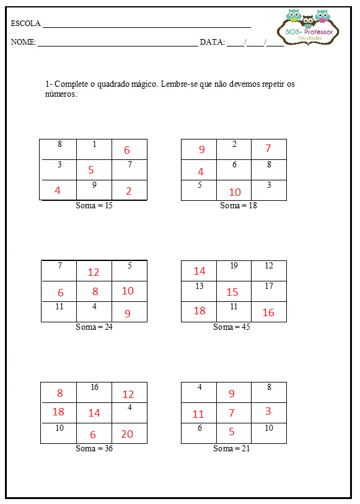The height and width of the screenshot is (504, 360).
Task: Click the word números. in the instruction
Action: click(61, 94)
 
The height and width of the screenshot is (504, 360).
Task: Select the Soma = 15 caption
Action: click(94, 205)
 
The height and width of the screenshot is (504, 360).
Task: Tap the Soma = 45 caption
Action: click(232, 327)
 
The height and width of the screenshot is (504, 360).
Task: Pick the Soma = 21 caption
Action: click(232, 448)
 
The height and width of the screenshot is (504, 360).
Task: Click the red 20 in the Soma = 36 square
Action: click(127, 434)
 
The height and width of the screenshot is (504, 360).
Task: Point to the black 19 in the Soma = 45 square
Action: click(234, 265)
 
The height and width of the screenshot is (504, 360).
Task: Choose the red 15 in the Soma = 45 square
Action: click(232, 292)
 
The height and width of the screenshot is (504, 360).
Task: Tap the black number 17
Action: click(268, 286)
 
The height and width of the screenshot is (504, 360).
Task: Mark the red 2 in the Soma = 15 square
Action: click(129, 191)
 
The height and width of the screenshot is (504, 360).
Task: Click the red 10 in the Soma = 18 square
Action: click(235, 192)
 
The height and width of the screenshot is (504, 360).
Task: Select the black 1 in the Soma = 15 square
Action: click(94, 144)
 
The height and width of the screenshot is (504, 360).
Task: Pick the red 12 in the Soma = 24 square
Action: click(94, 272)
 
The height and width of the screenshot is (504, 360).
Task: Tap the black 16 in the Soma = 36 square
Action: click(94, 387)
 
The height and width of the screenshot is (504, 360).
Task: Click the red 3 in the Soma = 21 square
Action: click(268, 411)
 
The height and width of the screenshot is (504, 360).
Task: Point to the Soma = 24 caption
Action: click(94, 327)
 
